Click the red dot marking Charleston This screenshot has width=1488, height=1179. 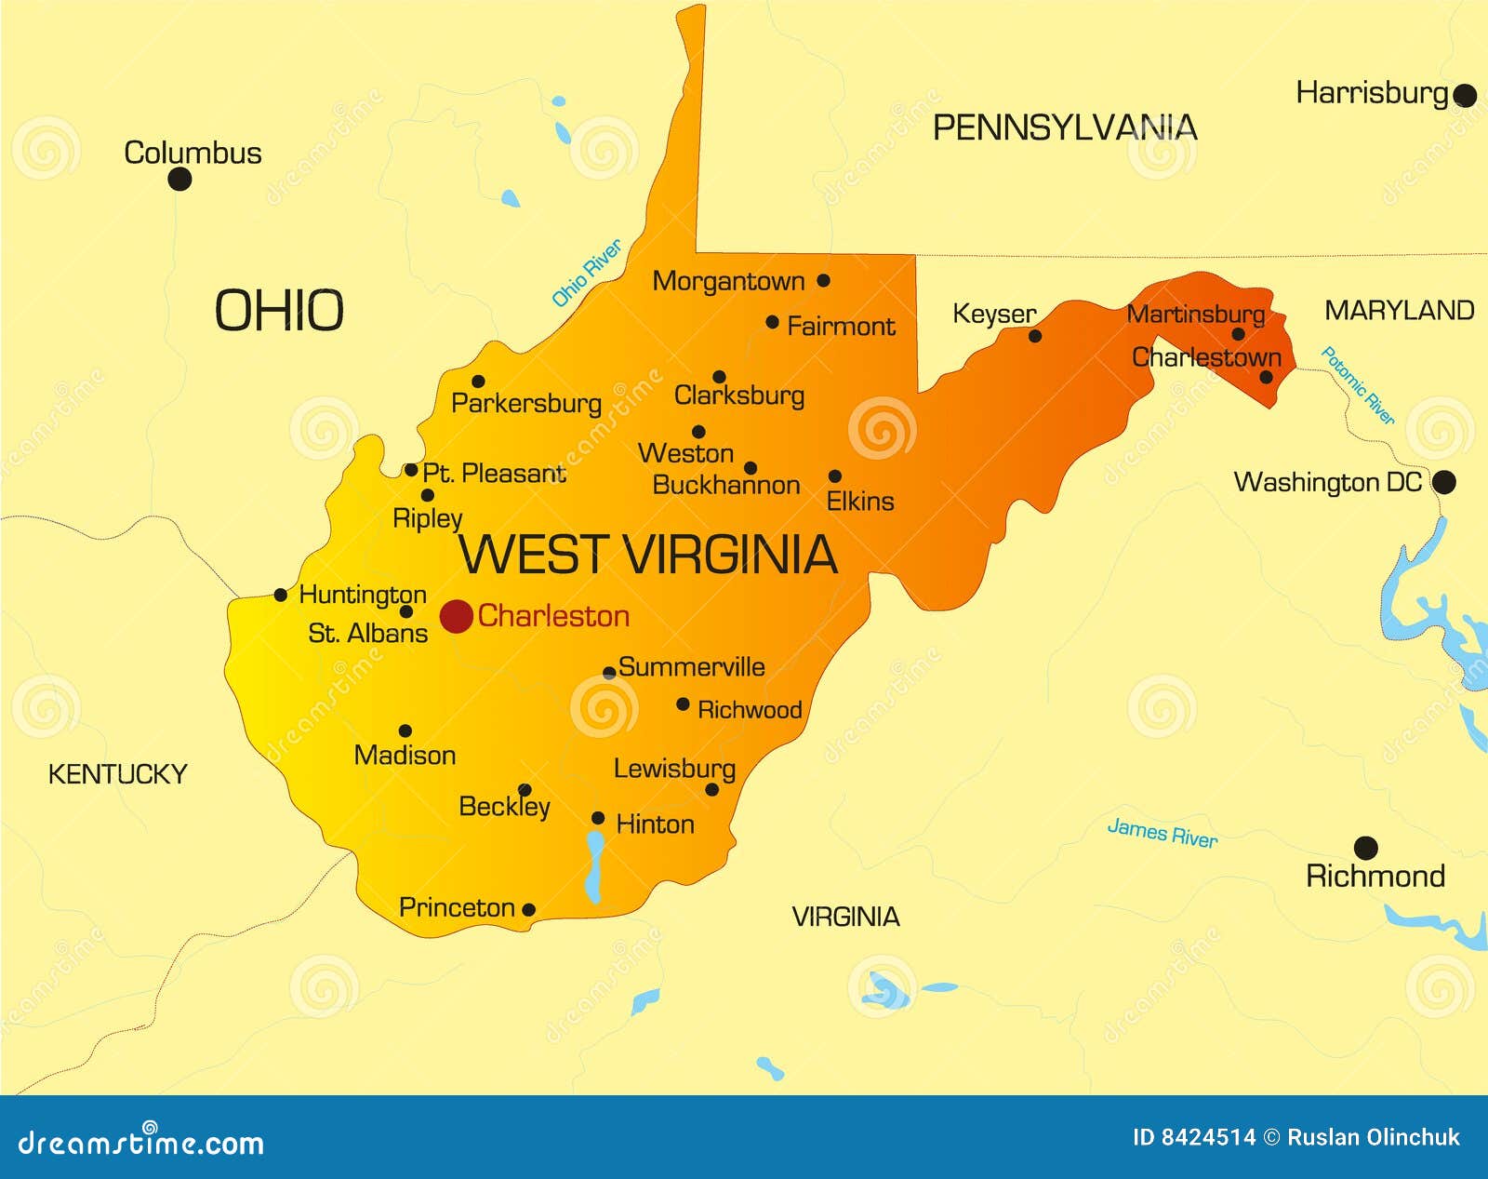point(456,616)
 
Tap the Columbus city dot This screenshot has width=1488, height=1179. point(179,179)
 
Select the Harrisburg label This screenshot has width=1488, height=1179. point(1372,93)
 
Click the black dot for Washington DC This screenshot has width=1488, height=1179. point(1443,482)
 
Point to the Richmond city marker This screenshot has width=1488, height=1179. point(1365,848)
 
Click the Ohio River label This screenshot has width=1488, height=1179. point(586,274)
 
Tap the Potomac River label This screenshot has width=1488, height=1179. point(1358,385)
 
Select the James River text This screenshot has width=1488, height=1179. point(1162,832)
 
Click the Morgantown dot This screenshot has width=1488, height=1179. point(823,280)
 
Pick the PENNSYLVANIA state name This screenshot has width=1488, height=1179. point(1064,127)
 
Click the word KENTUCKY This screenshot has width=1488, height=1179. point(117,774)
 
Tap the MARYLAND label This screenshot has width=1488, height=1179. point(1399,311)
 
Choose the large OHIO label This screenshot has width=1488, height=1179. point(279,311)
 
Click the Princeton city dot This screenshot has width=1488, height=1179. point(528,909)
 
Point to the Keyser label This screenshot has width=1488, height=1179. point(993,315)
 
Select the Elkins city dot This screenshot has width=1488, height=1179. point(834,476)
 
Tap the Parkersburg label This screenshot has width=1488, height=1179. point(525,404)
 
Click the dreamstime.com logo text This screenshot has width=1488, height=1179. point(141,1143)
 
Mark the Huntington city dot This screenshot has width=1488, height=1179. point(281,595)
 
